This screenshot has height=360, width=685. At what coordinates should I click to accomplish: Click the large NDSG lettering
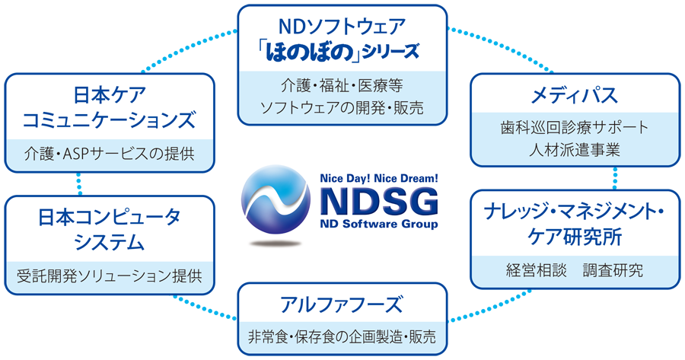(379, 202)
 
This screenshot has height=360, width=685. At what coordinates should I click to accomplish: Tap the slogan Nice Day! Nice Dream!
(379, 178)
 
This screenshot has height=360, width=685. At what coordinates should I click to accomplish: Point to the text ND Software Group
(379, 224)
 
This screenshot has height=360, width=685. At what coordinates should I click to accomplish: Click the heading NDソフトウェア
(342, 27)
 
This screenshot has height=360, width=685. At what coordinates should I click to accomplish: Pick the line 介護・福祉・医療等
(342, 85)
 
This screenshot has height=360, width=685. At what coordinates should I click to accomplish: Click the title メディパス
(574, 95)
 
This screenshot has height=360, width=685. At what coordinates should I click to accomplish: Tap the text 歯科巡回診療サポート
(574, 128)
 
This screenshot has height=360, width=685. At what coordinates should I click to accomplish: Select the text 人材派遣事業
(574, 150)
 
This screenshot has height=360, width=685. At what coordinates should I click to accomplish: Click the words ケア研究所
(574, 237)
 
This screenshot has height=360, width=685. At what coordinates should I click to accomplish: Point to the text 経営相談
(536, 270)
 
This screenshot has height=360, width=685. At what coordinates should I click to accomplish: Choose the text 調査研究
(613, 270)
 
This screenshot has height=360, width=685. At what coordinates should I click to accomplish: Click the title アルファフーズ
(341, 304)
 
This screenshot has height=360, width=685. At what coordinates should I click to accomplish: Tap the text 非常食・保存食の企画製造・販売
(342, 336)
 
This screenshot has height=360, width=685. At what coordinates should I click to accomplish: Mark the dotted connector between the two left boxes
(79, 183)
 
